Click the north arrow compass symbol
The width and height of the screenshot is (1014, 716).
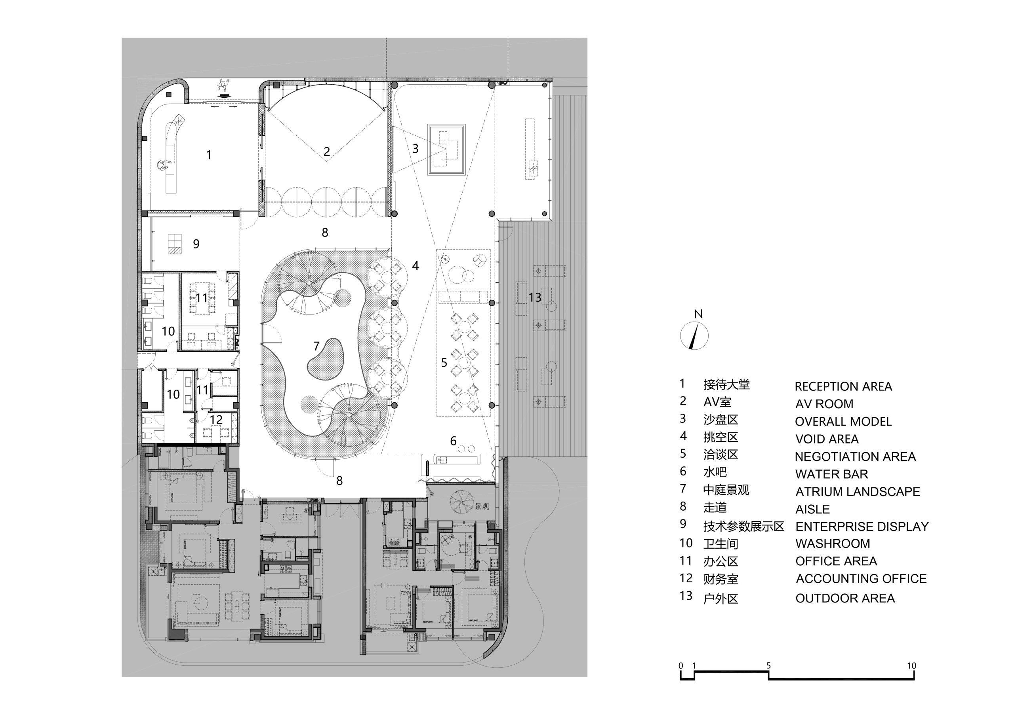tap(694, 336)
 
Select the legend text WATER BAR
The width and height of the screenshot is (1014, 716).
tap(832, 474)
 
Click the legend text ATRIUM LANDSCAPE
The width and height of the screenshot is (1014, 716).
tap(858, 492)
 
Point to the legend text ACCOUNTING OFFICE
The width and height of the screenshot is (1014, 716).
tap(861, 579)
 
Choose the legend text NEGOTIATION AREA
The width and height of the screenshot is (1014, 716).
tap(856, 456)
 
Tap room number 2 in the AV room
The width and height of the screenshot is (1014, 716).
tap(327, 152)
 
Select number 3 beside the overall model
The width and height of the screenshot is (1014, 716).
tap(416, 149)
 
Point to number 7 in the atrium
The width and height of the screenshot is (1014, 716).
tap(316, 346)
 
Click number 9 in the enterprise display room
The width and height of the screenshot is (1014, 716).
tap(196, 244)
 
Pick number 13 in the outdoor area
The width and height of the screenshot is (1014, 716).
tap(535, 297)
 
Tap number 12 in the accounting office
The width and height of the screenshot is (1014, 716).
tap(216, 420)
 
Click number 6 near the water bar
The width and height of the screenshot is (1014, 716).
tap(453, 441)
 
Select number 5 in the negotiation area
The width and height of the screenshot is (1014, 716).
tap(444, 363)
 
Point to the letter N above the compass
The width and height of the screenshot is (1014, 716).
tap(698, 314)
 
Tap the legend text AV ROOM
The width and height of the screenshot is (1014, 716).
tap(824, 404)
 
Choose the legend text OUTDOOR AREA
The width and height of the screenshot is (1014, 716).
tap(845, 598)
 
